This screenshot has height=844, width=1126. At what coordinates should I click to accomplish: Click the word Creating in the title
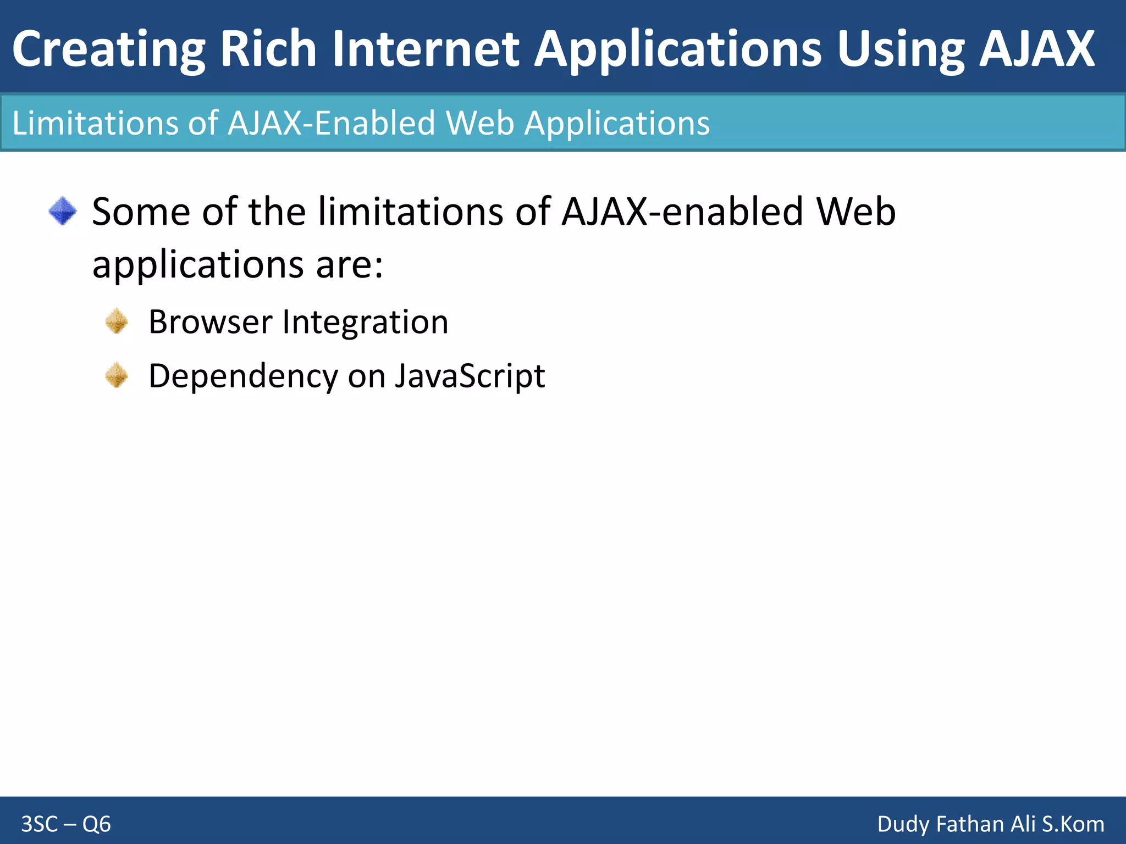[108, 49]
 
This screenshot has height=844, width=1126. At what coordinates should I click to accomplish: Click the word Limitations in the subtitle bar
[95, 123]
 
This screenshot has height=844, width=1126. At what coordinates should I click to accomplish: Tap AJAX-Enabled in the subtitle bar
[332, 123]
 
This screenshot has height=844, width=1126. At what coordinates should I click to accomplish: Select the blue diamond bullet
[63, 212]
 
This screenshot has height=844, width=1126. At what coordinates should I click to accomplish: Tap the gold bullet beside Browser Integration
[117, 321]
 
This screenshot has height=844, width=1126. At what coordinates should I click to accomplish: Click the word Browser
[210, 322]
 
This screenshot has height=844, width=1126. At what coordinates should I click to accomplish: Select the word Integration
[365, 323]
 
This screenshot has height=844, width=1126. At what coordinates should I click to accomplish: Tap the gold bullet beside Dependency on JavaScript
[117, 376]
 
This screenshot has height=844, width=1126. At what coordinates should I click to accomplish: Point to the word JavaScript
[470, 377]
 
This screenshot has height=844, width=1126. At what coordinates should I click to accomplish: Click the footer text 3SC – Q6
[66, 824]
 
